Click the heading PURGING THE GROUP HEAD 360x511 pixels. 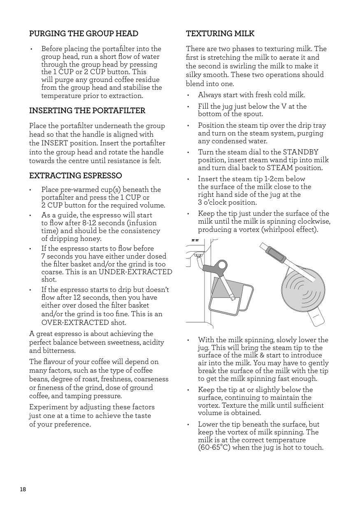[84, 33]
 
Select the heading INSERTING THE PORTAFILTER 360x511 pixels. [87, 111]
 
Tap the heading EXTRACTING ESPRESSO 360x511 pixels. [75, 176]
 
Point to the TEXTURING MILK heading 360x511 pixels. [220, 33]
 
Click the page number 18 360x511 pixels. [22, 489]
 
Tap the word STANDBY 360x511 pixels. [297, 152]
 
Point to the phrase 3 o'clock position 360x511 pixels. [227, 203]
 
